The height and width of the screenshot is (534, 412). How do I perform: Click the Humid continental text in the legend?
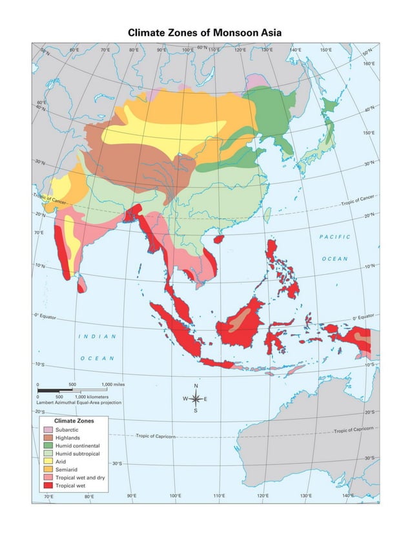[x=77, y=445]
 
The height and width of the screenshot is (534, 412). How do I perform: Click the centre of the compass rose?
[x=196, y=398]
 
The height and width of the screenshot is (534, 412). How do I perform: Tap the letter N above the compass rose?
[x=196, y=386]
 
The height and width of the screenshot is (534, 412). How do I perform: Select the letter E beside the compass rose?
[x=206, y=399]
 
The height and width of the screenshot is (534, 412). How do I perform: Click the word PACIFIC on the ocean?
[x=335, y=237]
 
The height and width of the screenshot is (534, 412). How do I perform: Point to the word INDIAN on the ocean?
[x=98, y=336]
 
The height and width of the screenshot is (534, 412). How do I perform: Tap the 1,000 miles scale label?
[x=112, y=385]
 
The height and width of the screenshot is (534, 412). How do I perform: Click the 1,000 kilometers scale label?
[x=91, y=396]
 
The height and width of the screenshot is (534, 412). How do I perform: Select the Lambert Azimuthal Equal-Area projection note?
[x=79, y=402]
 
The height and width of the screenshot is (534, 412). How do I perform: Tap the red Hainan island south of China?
[x=218, y=239]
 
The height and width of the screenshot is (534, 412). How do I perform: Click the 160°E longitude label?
[x=369, y=63]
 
